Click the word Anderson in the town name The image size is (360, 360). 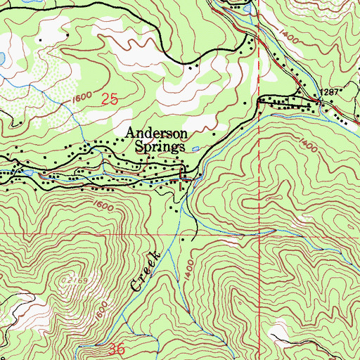pos(156,133)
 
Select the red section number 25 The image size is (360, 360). pos(109,101)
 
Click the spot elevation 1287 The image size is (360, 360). pos(328,92)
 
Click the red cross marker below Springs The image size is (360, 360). pos(184,182)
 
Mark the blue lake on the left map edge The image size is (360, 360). pos(2,57)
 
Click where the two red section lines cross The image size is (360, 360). pos(259,233)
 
